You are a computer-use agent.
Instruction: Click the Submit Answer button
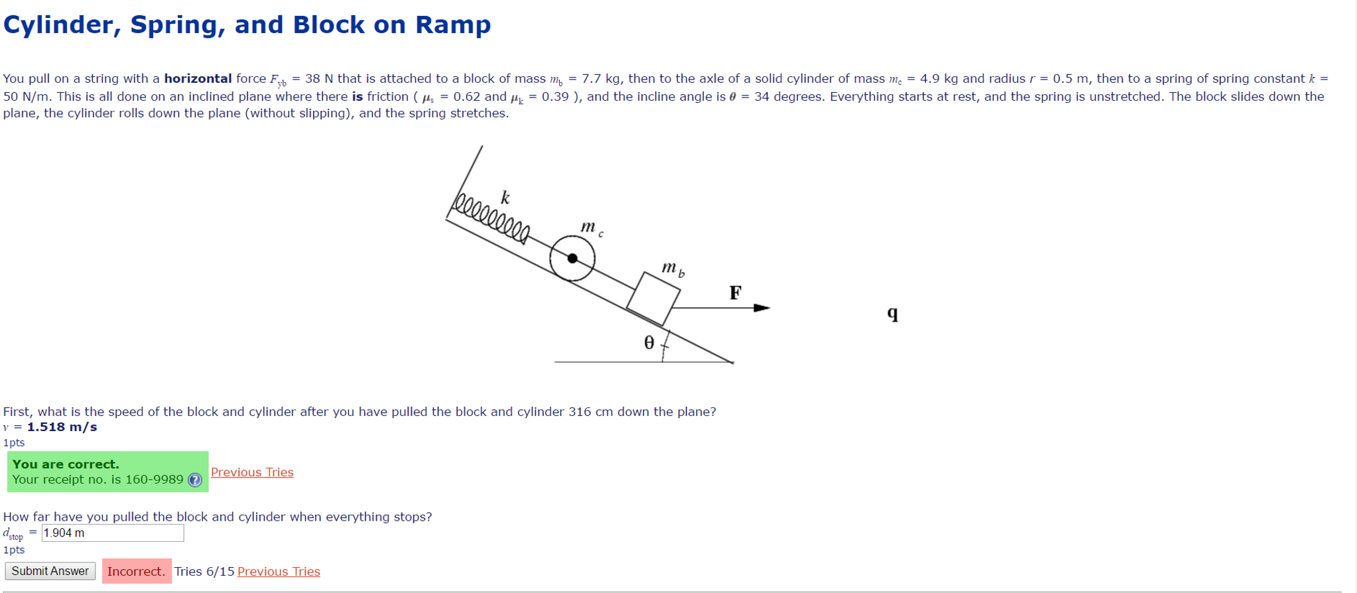(50, 571)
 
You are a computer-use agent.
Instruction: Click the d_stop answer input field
(113, 533)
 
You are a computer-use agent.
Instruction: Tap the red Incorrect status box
(137, 571)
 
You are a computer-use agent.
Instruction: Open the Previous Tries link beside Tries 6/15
(279, 572)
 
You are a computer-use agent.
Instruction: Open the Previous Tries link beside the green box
(252, 472)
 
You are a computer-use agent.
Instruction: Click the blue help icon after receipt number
(195, 480)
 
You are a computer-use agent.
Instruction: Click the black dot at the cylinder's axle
(572, 259)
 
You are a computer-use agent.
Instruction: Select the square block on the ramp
(653, 298)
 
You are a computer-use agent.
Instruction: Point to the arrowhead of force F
(763, 308)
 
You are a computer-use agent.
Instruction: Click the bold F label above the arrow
(735, 293)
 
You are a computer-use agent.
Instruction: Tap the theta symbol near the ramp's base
(649, 342)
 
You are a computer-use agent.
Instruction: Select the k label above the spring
(505, 198)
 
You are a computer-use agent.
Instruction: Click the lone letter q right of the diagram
(893, 313)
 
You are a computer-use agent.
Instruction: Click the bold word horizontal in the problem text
(198, 79)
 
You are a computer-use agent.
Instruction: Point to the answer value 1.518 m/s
(62, 427)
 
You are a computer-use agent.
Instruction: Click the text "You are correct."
(66, 464)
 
